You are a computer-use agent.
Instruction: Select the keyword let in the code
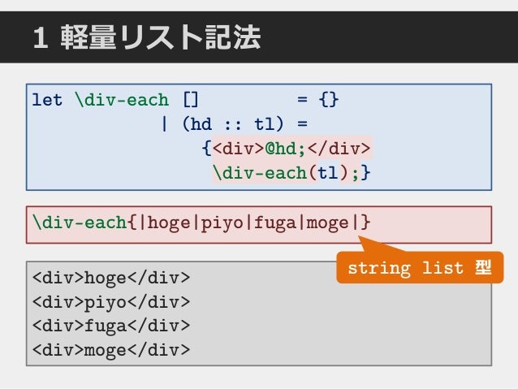click(x=47, y=101)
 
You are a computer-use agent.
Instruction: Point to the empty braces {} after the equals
click(x=329, y=101)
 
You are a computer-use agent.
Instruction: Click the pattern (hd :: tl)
click(x=232, y=124)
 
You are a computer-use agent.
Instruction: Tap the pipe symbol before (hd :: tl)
click(x=165, y=124)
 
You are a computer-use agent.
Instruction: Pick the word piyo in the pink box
click(x=222, y=222)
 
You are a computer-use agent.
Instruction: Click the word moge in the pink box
click(x=328, y=222)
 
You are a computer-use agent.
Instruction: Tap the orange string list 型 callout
click(x=420, y=268)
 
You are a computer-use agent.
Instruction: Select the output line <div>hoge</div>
click(x=111, y=279)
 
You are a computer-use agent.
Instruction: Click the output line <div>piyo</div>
click(x=111, y=302)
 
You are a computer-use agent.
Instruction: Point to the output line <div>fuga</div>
click(x=111, y=326)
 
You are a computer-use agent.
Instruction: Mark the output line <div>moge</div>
click(x=111, y=350)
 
